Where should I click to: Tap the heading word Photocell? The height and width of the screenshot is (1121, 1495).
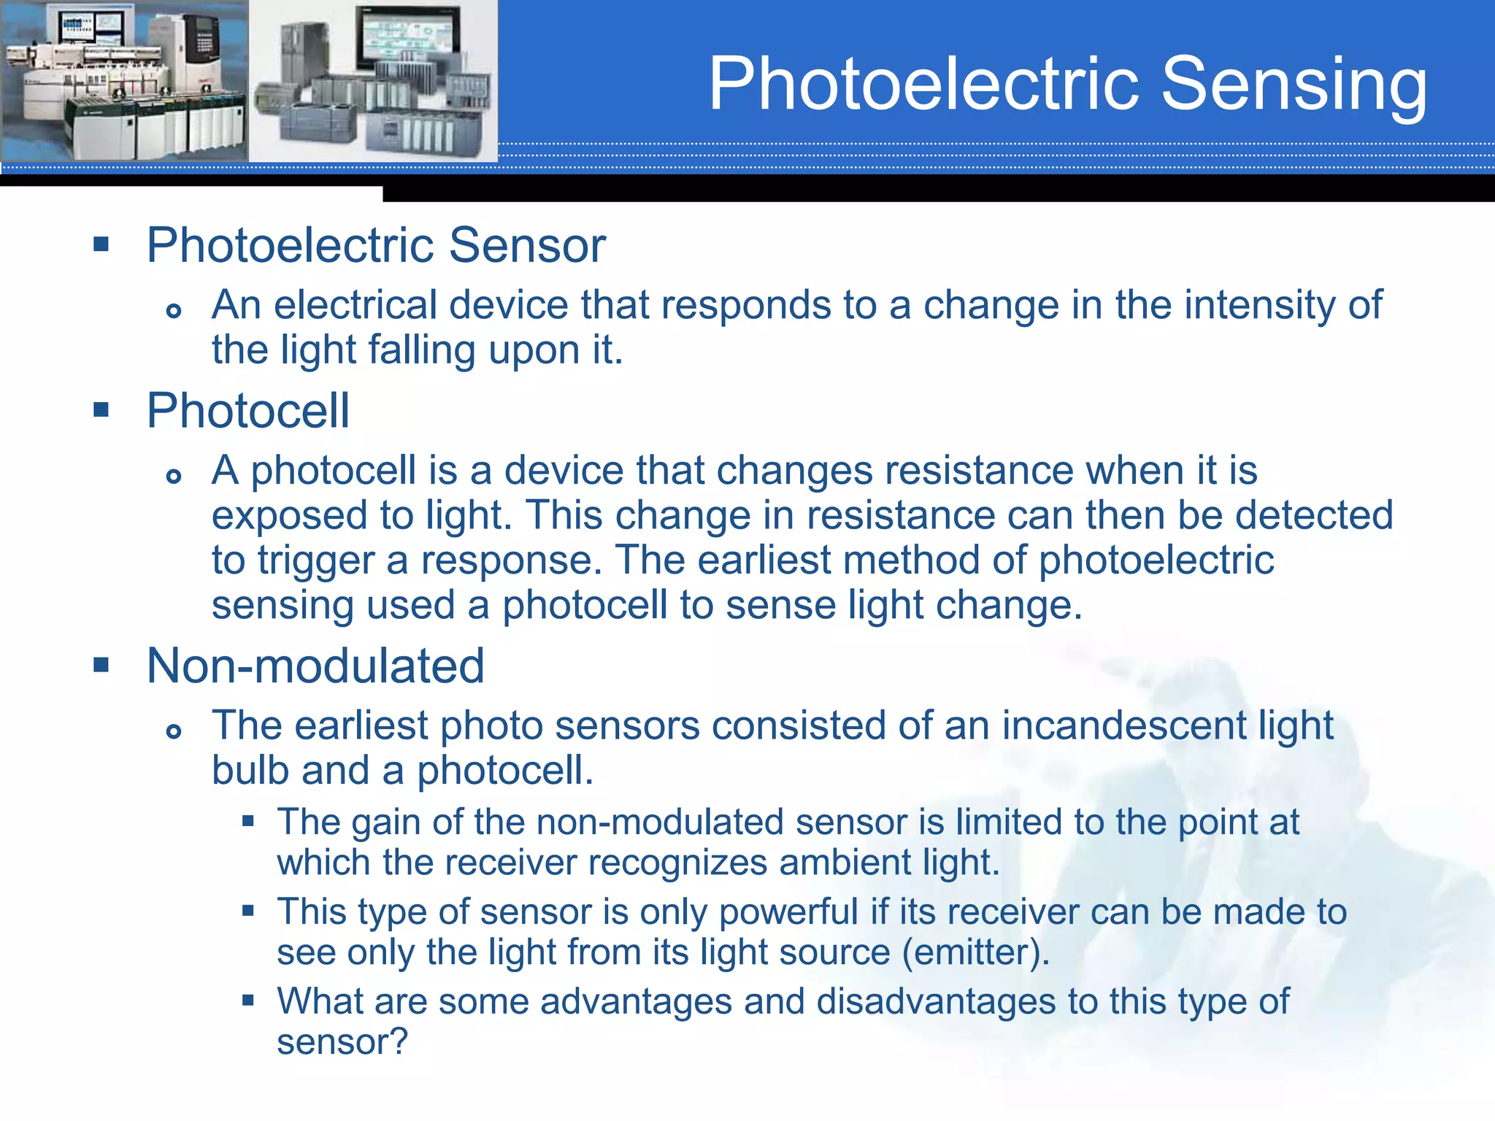coord(248,411)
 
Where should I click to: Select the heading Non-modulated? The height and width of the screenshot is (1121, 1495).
coord(315,666)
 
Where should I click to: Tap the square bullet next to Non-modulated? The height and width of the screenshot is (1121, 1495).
coord(101,665)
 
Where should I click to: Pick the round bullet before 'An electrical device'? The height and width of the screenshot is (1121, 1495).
coord(173,312)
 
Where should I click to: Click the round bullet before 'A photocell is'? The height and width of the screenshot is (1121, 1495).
coord(173,477)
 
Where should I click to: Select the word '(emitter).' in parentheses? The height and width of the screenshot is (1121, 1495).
coord(976,952)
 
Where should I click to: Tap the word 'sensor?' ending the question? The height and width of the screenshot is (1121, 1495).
coord(342,1041)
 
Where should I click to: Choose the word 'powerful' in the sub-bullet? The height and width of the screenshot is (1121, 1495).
coord(788,912)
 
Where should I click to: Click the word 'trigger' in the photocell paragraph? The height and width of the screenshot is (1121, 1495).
coord(316,561)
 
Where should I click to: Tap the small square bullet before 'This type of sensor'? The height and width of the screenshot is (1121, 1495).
coord(248,911)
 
